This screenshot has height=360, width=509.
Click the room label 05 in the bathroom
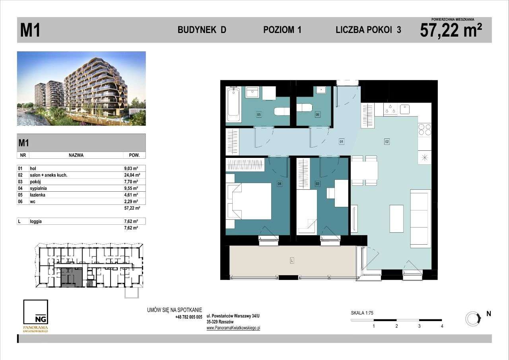(259, 115)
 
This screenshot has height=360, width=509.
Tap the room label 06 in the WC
(317, 115)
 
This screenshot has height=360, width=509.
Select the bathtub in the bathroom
(233, 105)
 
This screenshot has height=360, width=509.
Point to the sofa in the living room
(420, 219)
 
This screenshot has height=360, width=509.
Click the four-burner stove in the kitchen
(424, 129)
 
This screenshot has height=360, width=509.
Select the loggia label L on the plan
(292, 261)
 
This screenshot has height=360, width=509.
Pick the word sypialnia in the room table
(39, 189)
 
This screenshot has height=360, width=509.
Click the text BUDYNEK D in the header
(202, 30)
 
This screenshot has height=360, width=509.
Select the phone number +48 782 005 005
(188, 317)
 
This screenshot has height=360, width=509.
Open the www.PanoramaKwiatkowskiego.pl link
(233, 328)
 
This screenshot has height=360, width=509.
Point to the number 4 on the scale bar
(442, 326)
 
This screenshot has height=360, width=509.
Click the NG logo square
(36, 313)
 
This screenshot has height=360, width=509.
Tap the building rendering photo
(82, 88)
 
